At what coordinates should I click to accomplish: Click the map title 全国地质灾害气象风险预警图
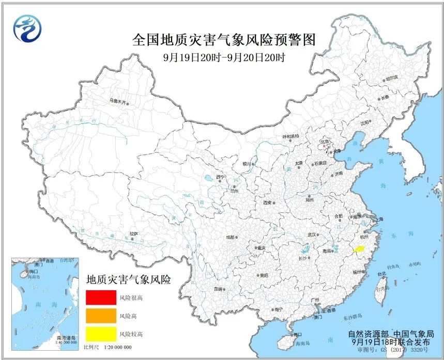coord(223,40)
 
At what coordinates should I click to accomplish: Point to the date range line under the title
coord(223,57)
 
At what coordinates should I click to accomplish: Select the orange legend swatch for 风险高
coord(101,315)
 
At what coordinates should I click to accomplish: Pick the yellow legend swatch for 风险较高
coord(101,333)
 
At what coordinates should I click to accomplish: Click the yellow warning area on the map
coord(358,249)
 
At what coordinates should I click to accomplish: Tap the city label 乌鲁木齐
coord(117,101)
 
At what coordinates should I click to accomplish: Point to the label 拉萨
coord(134,233)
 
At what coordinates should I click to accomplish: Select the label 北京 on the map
coord(325,140)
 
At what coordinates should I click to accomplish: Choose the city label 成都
coord(229,238)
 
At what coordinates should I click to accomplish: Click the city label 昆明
coord(221,289)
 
